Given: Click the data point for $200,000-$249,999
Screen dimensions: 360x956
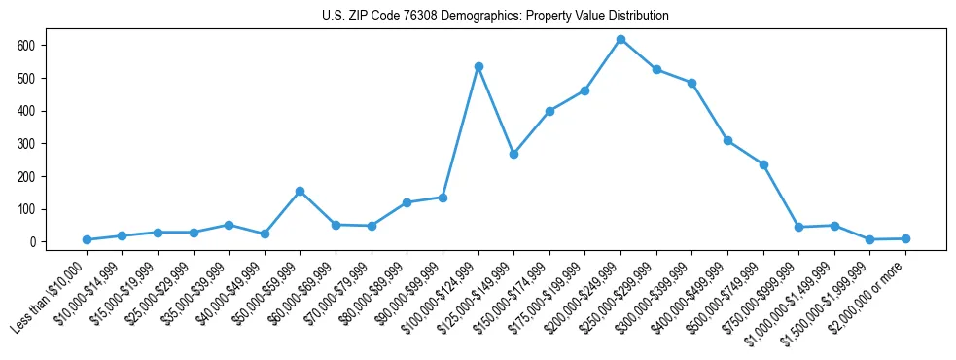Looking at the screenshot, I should [620, 39].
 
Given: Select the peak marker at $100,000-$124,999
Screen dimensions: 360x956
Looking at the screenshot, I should [478, 66].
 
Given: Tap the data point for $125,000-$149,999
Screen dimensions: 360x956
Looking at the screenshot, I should [513, 154].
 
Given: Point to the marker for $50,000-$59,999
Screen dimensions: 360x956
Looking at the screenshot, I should [300, 191].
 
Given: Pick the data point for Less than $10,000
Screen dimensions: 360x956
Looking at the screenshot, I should [87, 239].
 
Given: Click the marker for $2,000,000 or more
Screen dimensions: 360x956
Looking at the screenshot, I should [905, 238].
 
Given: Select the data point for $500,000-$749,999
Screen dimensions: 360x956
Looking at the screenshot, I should [763, 164].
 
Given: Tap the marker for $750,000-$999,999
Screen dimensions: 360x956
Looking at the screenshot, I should [798, 227].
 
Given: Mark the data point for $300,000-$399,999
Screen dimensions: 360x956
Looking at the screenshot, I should [691, 83].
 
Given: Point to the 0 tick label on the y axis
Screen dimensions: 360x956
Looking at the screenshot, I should [33, 242].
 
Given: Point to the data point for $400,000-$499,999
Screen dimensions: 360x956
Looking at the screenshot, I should [727, 140].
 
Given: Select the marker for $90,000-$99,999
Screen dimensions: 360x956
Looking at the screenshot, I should [443, 198].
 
